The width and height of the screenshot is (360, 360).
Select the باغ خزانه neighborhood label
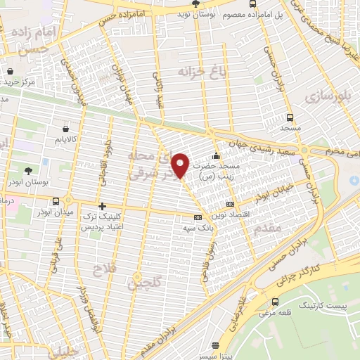184,72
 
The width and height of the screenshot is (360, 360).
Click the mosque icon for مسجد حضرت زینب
216,155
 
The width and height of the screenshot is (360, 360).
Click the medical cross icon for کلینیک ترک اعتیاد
103,207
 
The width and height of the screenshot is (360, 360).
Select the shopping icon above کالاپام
65,129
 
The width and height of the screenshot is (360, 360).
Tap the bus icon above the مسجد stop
290,118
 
